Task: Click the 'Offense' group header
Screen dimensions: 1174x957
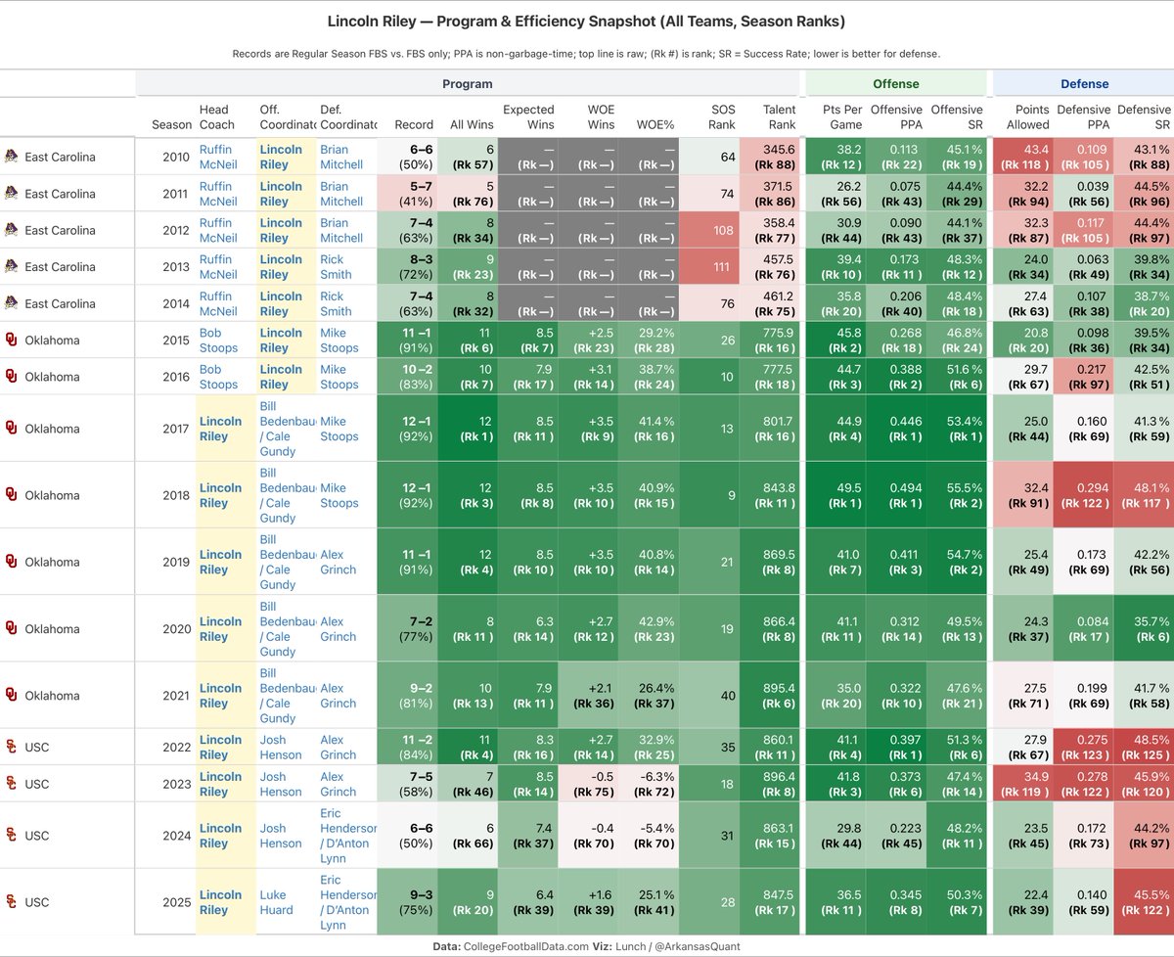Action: [895, 84]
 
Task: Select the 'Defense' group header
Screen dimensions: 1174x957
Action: [1084, 84]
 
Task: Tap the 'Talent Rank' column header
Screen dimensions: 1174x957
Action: [779, 116]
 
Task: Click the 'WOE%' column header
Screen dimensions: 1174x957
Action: [655, 124]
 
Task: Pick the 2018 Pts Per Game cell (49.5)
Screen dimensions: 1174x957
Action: [841, 495]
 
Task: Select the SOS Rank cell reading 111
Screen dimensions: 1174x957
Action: [709, 267]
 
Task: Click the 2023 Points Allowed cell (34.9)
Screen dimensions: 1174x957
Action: [1023, 784]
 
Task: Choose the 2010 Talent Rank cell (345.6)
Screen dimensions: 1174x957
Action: [769, 157]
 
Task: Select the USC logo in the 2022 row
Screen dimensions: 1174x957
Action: [11, 747]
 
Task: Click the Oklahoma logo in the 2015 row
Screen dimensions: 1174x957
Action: [11, 340]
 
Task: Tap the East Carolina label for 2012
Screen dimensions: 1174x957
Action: [60, 230]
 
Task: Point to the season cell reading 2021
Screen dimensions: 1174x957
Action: [176, 695]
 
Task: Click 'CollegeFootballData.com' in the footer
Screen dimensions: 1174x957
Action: [525, 946]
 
